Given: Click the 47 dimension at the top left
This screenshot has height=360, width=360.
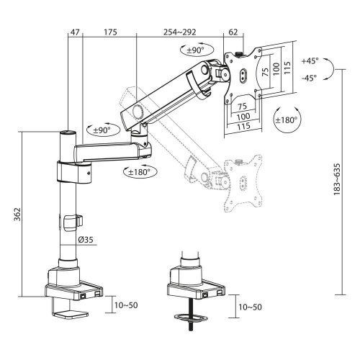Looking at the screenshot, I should click(x=75, y=33).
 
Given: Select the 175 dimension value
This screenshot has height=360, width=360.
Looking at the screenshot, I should click(x=110, y=33).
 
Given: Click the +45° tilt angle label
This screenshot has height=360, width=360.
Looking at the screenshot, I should click(x=310, y=63).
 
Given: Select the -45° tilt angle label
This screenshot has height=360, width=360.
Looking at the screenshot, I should click(x=310, y=78).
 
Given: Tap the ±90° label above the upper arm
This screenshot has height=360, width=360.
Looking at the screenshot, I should click(x=193, y=50).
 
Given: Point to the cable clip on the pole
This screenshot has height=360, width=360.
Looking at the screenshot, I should click(x=70, y=223).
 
